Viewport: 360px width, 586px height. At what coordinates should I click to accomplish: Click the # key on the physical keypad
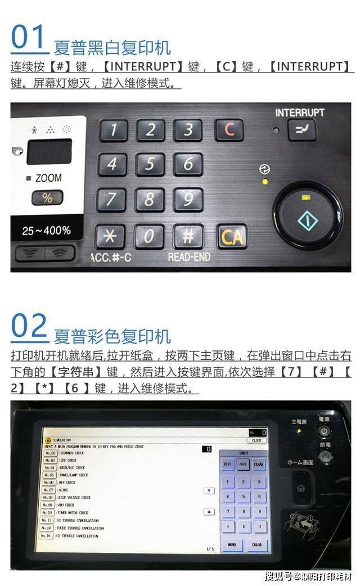pyautogui.click(x=188, y=236)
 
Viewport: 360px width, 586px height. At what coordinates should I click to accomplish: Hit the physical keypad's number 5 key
pyautogui.click(x=150, y=165)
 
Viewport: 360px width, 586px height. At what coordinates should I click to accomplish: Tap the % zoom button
pyautogui.click(x=47, y=198)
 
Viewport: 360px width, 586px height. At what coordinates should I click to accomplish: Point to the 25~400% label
pyautogui.click(x=47, y=230)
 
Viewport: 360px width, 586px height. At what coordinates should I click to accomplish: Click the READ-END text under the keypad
pyautogui.click(x=189, y=257)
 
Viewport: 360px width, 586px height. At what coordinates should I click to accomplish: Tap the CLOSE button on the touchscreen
pyautogui.click(x=256, y=440)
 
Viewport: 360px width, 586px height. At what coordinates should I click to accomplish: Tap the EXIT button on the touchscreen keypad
pyautogui.click(x=227, y=465)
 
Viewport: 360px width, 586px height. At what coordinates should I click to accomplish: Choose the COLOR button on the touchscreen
pyautogui.click(x=257, y=545)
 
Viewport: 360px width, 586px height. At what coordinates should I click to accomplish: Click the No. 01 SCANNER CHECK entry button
pyautogui.click(x=50, y=453)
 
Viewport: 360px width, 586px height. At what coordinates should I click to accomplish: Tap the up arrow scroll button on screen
pyautogui.click(x=209, y=490)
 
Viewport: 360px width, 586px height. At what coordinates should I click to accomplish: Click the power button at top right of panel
pyautogui.click(x=324, y=431)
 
